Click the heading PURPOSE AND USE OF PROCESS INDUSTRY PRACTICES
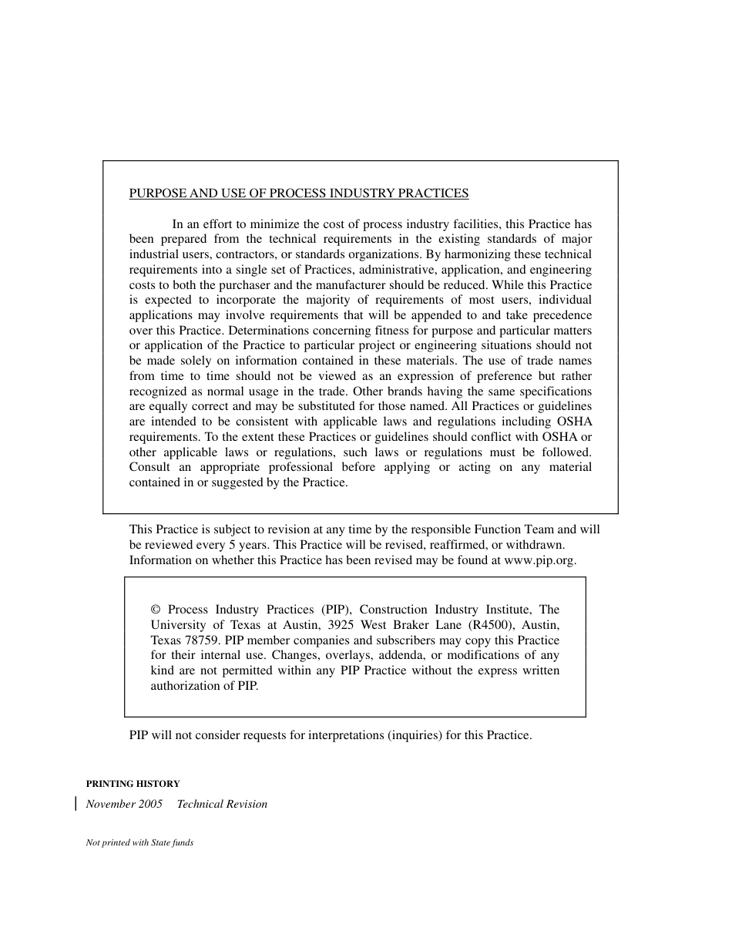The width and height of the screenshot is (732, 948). coord(298,193)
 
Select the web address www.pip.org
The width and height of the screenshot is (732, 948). coord(539,560)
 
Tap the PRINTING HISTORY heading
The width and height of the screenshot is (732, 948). coord(133,783)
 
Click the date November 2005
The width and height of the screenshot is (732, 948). coord(124,804)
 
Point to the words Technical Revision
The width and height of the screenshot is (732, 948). coord(222,804)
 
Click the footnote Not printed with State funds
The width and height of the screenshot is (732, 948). coord(139,842)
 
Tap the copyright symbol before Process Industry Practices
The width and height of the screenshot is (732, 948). coord(156,610)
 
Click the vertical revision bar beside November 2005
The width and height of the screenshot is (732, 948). coord(76,804)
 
